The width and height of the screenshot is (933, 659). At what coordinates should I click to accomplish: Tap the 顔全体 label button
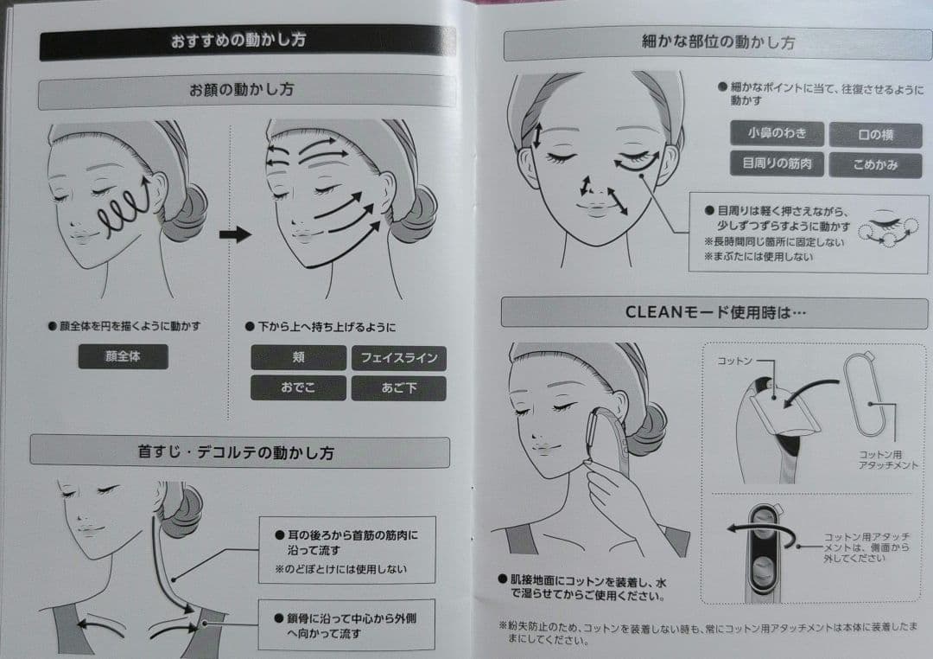pyautogui.click(x=124, y=356)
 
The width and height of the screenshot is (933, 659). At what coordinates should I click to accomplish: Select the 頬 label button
pyautogui.click(x=298, y=357)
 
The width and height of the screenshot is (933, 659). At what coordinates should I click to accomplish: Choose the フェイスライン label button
pyautogui.click(x=398, y=358)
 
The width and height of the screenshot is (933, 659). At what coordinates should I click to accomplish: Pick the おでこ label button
pyautogui.click(x=298, y=388)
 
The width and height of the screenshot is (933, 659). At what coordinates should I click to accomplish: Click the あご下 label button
pyautogui.click(x=398, y=388)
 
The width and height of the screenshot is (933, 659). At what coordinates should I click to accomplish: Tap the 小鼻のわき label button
pyautogui.click(x=777, y=133)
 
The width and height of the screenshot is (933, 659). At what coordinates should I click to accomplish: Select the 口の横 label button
pyautogui.click(x=875, y=135)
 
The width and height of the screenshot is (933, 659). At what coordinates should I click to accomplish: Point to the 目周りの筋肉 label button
pyautogui.click(x=777, y=163)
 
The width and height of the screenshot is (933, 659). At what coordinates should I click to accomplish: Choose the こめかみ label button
pyautogui.click(x=875, y=165)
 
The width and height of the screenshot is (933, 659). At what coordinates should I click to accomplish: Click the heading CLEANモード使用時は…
pyautogui.click(x=714, y=313)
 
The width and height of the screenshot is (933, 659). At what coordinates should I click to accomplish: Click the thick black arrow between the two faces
pyautogui.click(x=235, y=234)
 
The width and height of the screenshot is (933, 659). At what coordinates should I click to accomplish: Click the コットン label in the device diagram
pyautogui.click(x=734, y=361)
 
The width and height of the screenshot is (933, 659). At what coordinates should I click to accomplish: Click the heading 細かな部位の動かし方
pyautogui.click(x=718, y=42)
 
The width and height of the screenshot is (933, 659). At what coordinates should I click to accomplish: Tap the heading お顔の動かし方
pyautogui.click(x=242, y=90)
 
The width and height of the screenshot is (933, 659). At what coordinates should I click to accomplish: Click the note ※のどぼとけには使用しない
pyautogui.click(x=341, y=569)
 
